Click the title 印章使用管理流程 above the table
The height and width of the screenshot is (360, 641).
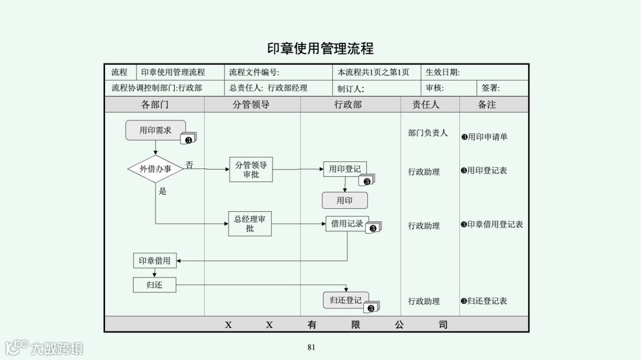[x=320, y=48]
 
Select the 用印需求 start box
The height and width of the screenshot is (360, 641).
[x=156, y=130]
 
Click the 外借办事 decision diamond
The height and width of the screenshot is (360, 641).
[x=156, y=169]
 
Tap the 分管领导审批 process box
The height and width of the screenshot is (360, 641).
[x=251, y=170]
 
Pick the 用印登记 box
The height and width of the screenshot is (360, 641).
[x=344, y=169]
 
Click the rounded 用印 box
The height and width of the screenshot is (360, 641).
[x=344, y=200]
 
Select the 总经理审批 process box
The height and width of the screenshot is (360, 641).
[x=250, y=224]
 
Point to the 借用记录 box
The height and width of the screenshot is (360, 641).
[x=347, y=224]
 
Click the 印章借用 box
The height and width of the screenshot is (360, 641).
[x=154, y=260]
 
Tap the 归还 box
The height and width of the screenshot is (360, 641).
[x=154, y=285]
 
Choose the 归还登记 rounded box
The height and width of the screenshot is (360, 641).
[x=345, y=300]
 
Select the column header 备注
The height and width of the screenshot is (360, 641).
[x=487, y=104]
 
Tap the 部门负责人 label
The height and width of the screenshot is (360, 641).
[x=428, y=133]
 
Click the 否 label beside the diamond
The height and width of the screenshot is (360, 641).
[x=189, y=165]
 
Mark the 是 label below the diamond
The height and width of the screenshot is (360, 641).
[x=163, y=191]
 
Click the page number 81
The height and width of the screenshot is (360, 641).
[x=311, y=348]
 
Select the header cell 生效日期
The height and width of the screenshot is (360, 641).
[x=442, y=72]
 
